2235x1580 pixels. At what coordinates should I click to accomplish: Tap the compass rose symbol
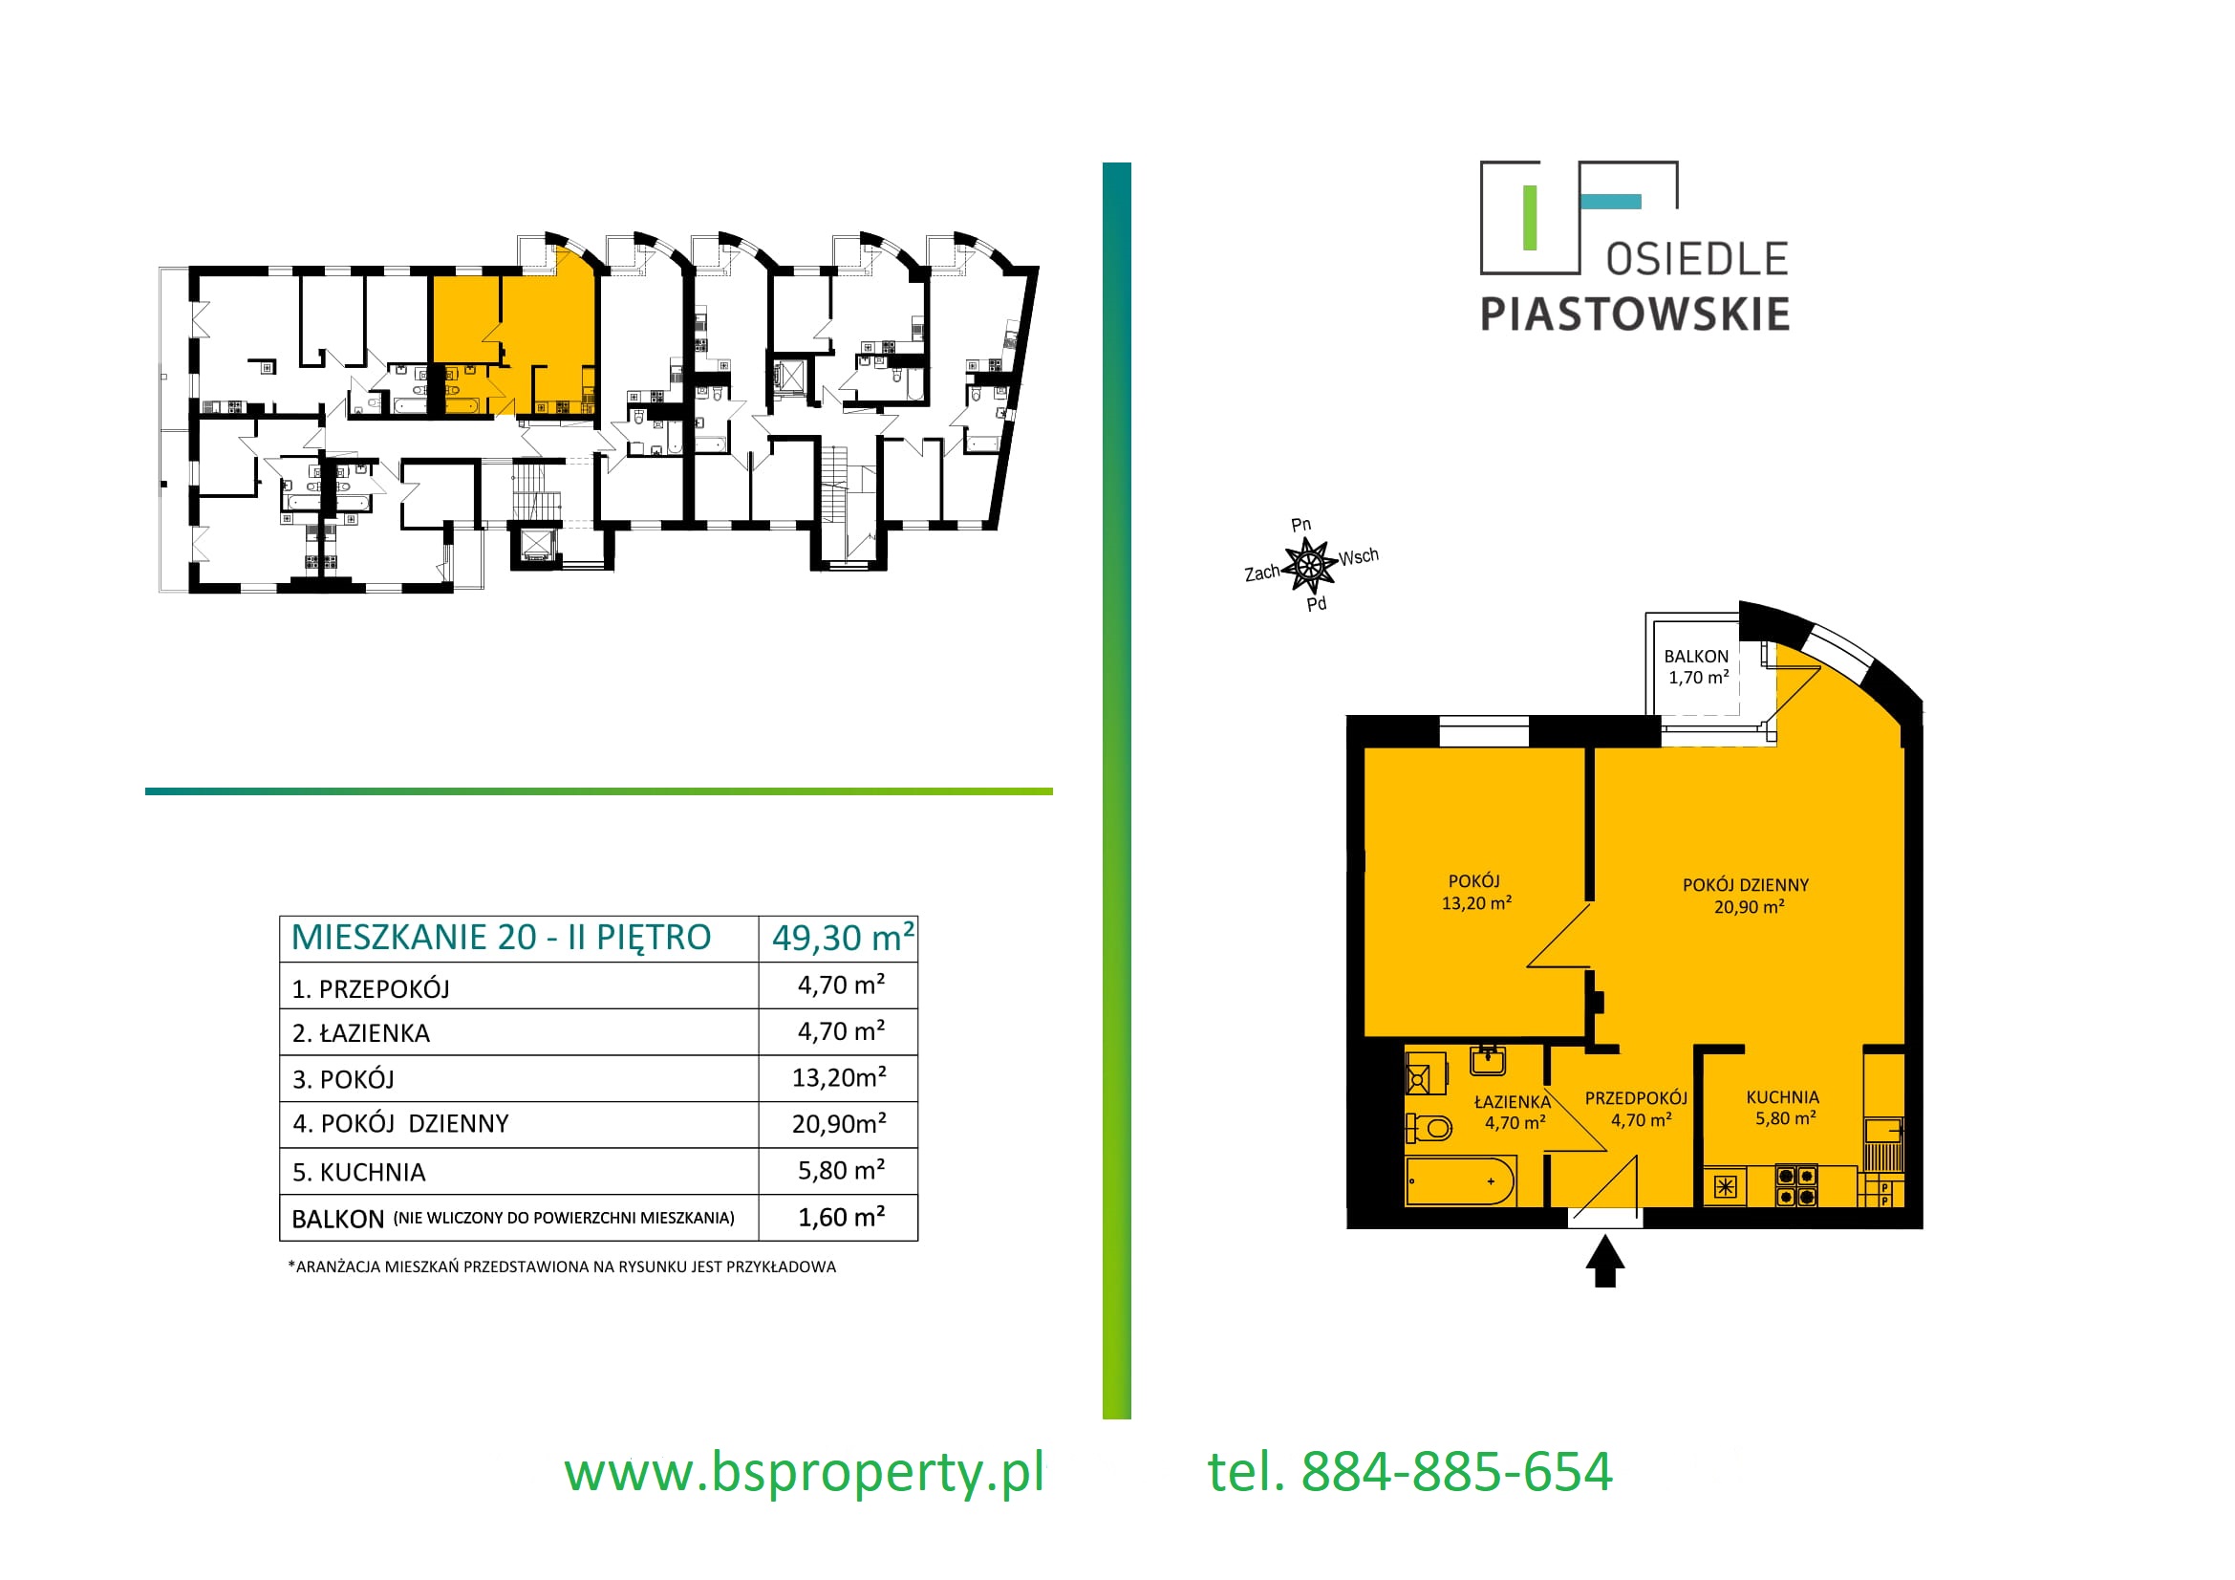1309,565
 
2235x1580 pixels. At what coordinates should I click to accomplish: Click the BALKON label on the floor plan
1696,656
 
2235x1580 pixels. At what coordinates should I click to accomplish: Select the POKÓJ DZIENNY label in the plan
1746,885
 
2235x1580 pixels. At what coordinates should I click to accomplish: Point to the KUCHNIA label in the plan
1782,1097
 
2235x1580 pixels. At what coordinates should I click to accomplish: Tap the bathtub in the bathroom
1460,1180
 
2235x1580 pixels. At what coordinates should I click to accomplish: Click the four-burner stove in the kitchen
1796,1186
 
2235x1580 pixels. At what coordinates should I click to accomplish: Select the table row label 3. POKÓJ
344,1079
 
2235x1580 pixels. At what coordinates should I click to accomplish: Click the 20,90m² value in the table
839,1123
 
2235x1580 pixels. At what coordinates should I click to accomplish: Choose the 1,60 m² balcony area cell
841,1217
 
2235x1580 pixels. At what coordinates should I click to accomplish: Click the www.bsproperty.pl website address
804,1472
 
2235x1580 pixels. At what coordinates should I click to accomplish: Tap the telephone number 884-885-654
1457,1471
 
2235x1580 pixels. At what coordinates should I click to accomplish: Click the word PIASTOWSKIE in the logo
1635,314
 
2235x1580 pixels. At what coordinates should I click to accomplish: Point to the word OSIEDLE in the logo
1698,260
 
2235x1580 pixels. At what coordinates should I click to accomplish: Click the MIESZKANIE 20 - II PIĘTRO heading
502,938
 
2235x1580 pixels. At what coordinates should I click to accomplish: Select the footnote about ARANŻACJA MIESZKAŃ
562,1266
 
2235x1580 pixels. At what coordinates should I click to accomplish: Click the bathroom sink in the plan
1488,1060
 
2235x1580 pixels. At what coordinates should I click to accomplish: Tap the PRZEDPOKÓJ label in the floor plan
1636,1098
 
